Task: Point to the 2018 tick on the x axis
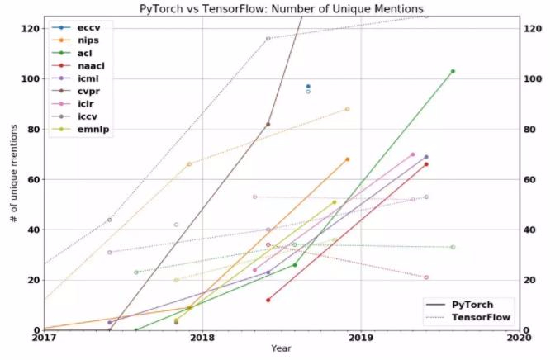click(202, 338)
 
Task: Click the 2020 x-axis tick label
click(518, 338)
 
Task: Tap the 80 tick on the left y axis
click(32, 129)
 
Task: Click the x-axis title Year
click(281, 349)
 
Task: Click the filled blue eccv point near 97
click(308, 86)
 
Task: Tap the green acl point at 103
click(453, 71)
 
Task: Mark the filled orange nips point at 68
click(347, 159)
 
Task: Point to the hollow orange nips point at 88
click(347, 109)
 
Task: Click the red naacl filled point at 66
click(426, 164)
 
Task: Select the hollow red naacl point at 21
click(426, 277)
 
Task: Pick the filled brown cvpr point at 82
click(268, 124)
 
